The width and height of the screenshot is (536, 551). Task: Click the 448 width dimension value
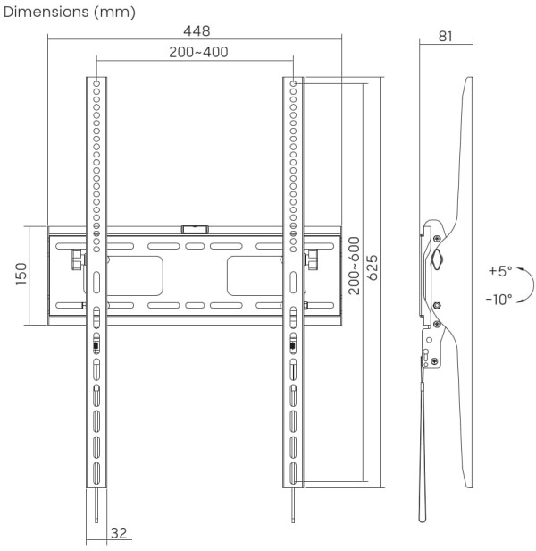click(x=195, y=31)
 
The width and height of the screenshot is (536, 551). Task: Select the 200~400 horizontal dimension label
click(x=198, y=52)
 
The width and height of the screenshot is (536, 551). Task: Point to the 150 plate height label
click(x=20, y=275)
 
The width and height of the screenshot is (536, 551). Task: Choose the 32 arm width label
click(x=119, y=534)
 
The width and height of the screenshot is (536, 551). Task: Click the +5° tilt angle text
click(x=499, y=271)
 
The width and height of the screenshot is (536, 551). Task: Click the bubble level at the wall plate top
click(x=194, y=229)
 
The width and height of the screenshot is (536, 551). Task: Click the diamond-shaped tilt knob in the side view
click(x=436, y=259)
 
